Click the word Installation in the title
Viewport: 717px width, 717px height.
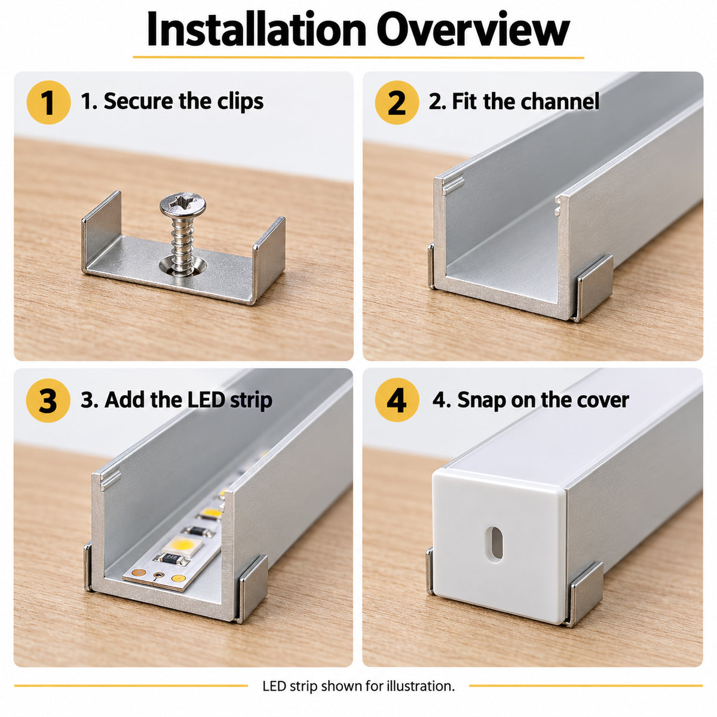pos(256,29)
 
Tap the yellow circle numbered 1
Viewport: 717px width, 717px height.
pos(48,102)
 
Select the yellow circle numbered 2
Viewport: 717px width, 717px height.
pos(397,102)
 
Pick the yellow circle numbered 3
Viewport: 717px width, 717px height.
pos(48,400)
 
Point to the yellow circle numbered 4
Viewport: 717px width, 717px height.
pos(397,400)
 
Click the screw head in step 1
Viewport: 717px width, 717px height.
pos(183,204)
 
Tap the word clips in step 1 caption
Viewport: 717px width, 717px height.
pos(240,102)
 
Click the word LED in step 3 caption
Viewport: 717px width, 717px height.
pos(207,400)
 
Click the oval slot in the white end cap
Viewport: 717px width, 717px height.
pos(496,543)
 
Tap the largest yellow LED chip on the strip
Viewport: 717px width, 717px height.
pos(182,546)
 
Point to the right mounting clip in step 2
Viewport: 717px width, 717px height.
pos(594,289)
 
